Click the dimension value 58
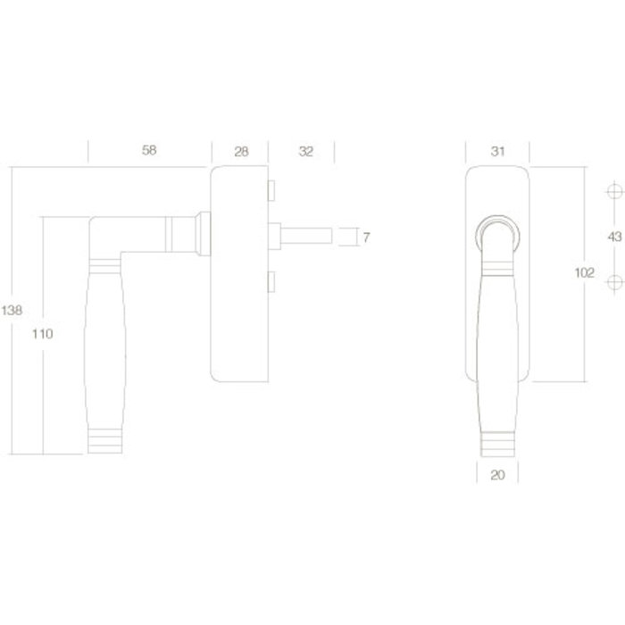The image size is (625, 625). click(x=149, y=151)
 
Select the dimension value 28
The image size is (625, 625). click(x=241, y=151)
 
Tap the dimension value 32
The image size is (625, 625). click(x=305, y=151)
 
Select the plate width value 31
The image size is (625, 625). click(x=498, y=151)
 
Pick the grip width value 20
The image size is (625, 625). click(x=498, y=475)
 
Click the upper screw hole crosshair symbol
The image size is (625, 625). click(x=612, y=193)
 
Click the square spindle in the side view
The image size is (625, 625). click(x=308, y=237)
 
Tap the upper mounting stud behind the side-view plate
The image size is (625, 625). click(x=271, y=192)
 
